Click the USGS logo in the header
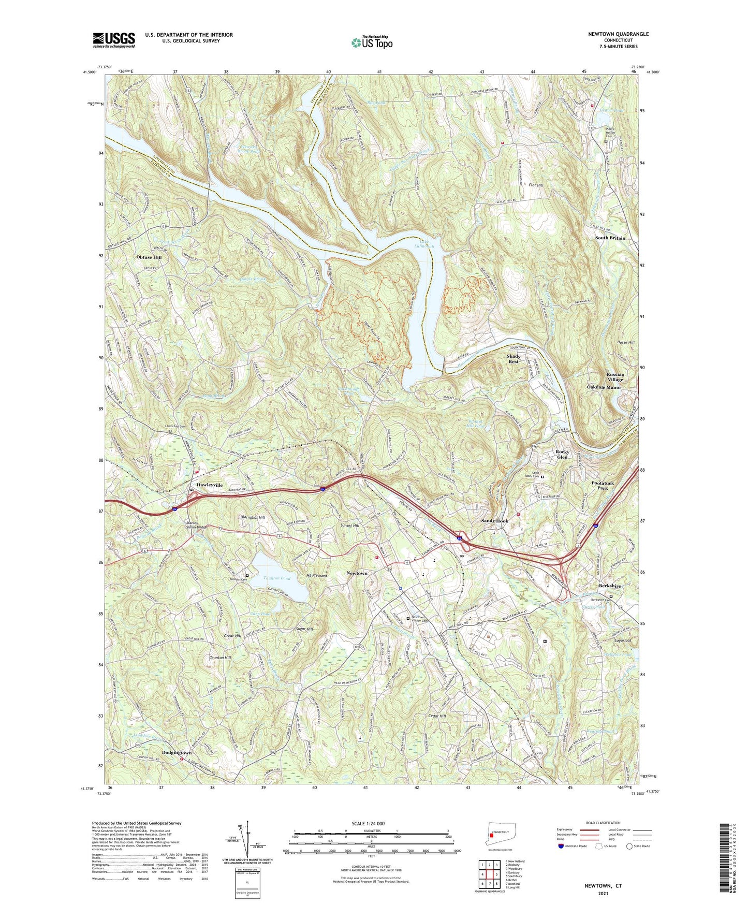coord(114,39)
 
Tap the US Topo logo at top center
coord(372,42)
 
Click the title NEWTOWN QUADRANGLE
coord(618,34)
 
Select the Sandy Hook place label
coord(494,521)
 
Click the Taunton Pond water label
coord(277,578)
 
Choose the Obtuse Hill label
coord(149,257)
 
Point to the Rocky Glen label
coord(562,454)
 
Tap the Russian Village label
coord(615,377)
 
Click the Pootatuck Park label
coord(603,485)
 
